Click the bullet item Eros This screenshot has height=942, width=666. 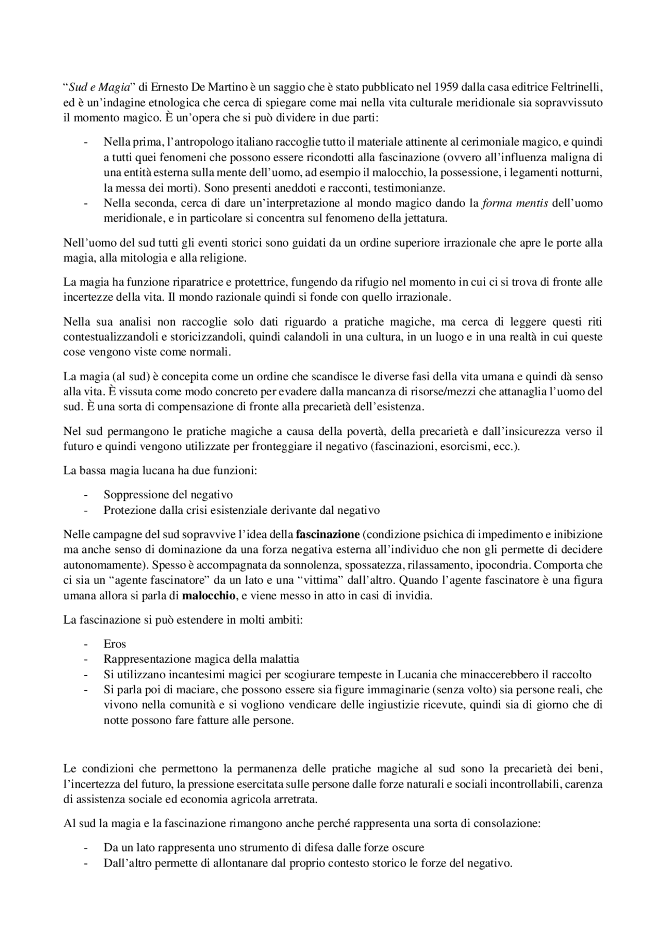tap(115, 644)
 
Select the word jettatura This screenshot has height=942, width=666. tap(426, 218)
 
